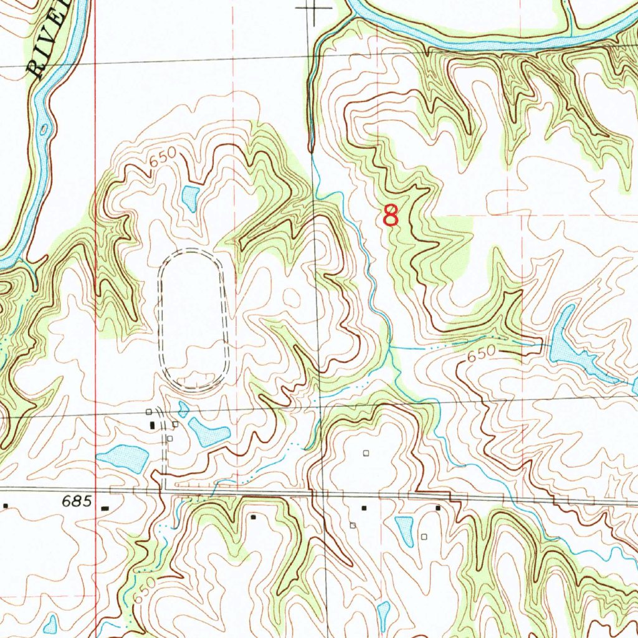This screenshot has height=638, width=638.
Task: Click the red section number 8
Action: coord(391,216)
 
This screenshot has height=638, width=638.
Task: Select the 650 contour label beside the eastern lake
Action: coord(480,353)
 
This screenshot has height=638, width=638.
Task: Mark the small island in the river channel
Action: coord(44,129)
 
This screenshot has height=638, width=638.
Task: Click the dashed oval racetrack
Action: coord(194,321)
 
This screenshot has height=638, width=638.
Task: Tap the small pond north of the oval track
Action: coord(189,198)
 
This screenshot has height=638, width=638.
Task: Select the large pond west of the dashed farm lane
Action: coord(123,458)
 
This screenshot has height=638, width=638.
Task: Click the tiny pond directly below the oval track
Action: coord(183,409)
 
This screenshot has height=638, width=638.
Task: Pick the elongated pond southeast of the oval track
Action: coord(209,431)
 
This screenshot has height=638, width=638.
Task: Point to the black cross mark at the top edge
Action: coord(313,9)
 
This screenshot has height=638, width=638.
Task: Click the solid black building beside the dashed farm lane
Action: coord(153,425)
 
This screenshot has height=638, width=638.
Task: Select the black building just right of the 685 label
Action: coord(104,508)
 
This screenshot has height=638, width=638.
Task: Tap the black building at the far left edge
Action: coord(6,506)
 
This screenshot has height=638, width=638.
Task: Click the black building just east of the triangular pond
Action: coord(438,508)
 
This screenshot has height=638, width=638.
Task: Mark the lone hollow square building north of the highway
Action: coord(366,453)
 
